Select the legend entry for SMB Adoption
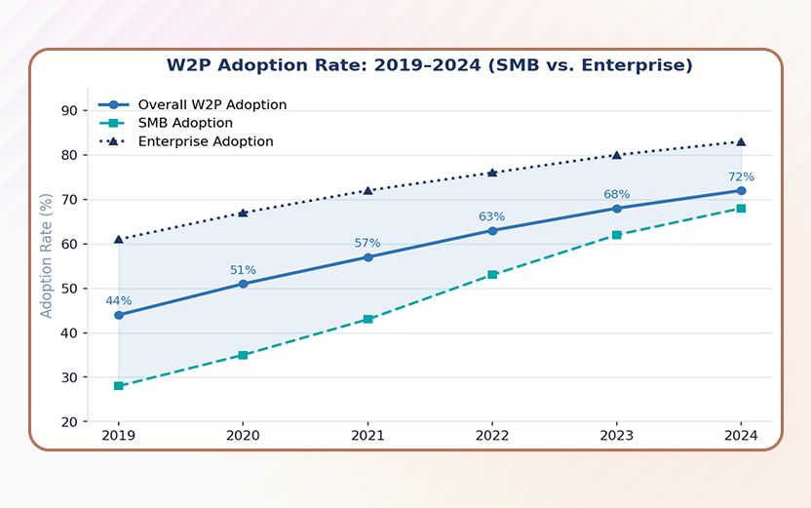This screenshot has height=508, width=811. coord(185,123)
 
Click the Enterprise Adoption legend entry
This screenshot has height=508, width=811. coord(205,141)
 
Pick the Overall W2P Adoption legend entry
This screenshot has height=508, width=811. coord(212,104)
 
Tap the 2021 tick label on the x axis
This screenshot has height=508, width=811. coord(367,436)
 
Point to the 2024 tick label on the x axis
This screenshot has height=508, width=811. coord(741,436)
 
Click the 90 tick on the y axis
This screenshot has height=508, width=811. coord(69,110)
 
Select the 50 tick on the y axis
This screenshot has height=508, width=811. coord(69,289)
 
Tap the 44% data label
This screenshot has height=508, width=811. coord(119,300)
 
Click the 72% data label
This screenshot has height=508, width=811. coord(741,176)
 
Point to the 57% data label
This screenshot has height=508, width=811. coord(367,243)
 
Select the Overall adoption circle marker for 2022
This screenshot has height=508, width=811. coord(492,231)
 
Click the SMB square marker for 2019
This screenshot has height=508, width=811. coord(119,386)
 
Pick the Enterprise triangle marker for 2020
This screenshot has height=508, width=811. coord(243,213)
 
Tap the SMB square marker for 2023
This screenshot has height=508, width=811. coord(617,235)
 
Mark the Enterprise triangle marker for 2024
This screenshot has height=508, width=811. coord(741,141)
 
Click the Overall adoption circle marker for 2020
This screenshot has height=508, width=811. coord(243,284)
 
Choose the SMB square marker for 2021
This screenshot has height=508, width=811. coord(367,320)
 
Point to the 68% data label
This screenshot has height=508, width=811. coord(617,194)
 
